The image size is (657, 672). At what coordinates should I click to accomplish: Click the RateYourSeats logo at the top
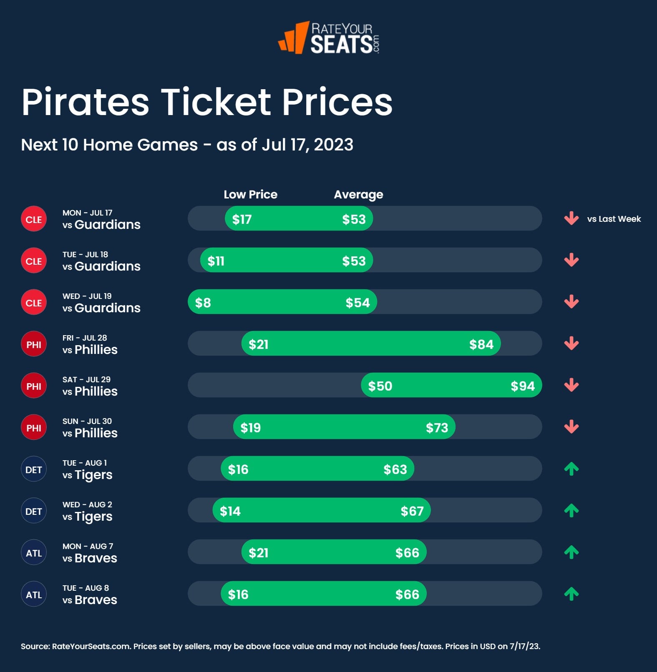pos(329,38)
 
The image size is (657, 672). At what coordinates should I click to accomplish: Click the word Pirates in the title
pos(85,102)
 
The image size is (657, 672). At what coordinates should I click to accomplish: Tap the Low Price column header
pos(250,194)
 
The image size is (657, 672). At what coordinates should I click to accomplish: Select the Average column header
pos(358,194)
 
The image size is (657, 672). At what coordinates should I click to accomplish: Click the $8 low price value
pos(203,303)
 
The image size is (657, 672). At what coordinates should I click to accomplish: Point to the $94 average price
pos(522,386)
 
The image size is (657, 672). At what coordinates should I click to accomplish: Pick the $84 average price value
pos(481,344)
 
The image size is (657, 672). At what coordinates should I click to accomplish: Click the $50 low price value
pos(380,386)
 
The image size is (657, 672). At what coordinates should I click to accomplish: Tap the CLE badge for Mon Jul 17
pos(34,219)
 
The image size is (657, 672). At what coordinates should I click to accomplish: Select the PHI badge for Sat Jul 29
pos(34,386)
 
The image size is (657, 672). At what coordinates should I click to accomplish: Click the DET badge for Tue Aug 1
pos(34,469)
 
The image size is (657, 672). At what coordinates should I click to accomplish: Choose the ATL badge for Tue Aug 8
pos(34,594)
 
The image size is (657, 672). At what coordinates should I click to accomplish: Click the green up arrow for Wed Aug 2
pos(571,510)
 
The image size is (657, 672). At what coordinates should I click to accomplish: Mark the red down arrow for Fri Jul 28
pos(571,344)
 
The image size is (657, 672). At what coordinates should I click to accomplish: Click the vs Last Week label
pos(614,219)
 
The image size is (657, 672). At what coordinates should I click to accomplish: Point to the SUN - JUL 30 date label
pos(87,421)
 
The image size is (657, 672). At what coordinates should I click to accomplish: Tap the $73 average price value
pos(437,428)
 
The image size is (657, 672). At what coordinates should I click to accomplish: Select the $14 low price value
pos(230,511)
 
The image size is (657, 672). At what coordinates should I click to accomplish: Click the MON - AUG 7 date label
pos(88,546)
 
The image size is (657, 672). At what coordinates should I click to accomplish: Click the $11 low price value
pos(216,261)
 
